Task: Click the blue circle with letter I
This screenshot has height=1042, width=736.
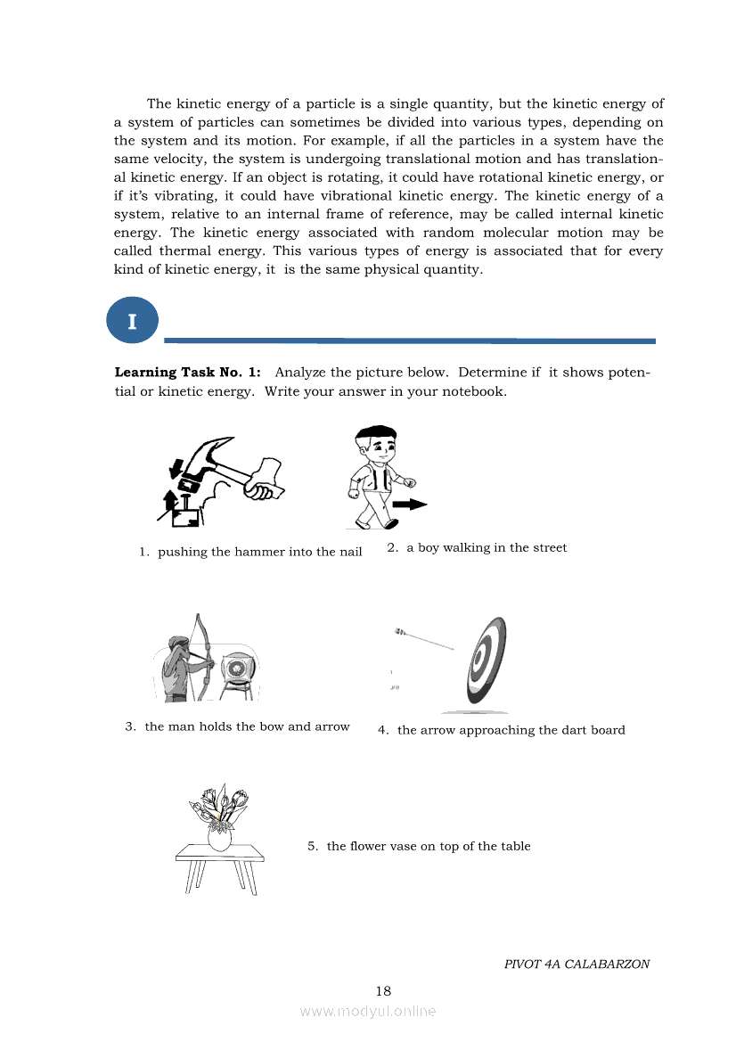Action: [x=132, y=321]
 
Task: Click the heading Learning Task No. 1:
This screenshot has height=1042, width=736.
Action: [x=187, y=373]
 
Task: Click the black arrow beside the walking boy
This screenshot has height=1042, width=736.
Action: [x=410, y=504]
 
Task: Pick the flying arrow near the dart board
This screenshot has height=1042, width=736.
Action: [x=425, y=639]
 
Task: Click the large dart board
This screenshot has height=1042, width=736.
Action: [x=486, y=661]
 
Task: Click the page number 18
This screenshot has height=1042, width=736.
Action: [x=383, y=990]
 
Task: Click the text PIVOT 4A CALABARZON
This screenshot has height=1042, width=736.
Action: [x=577, y=964]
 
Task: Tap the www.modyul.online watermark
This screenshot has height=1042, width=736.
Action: [x=368, y=1011]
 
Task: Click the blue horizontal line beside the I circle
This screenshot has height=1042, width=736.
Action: [x=410, y=340]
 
